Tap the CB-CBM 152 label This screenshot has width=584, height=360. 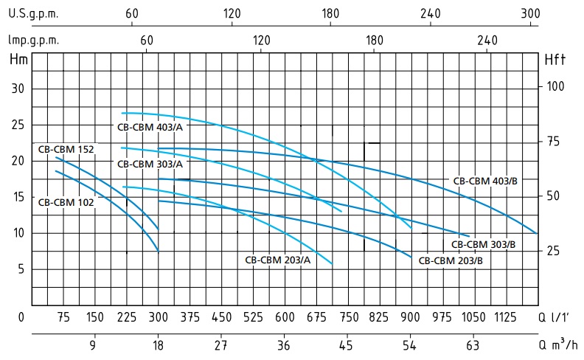(66, 148)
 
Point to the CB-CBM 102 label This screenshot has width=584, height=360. (66, 201)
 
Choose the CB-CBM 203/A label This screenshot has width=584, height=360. (277, 260)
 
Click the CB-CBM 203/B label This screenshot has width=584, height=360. (451, 260)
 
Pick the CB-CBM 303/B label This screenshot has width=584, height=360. (483, 244)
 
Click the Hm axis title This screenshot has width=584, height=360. (18, 60)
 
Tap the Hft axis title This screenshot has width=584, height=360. (555, 60)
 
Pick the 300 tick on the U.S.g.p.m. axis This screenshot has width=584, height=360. (529, 13)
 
